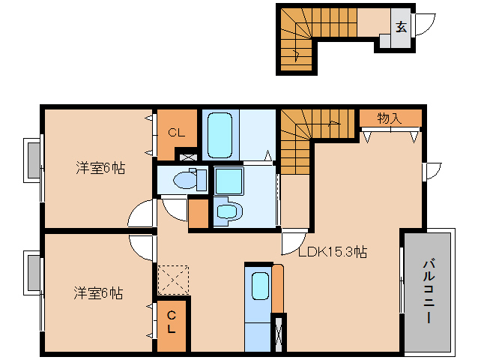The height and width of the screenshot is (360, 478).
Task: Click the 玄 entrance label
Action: [x=401, y=27]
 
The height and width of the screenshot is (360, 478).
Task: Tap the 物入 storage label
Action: [x=390, y=118]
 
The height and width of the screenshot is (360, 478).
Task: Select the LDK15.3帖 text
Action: [x=332, y=252]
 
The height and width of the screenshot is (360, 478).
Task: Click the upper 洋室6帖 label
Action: [x=100, y=167]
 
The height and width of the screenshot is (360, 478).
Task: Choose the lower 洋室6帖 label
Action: [x=98, y=292]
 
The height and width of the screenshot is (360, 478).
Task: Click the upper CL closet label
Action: [x=177, y=133]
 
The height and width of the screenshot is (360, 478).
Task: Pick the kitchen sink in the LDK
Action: [x=259, y=286]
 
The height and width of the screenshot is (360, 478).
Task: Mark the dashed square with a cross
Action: [x=173, y=280]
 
